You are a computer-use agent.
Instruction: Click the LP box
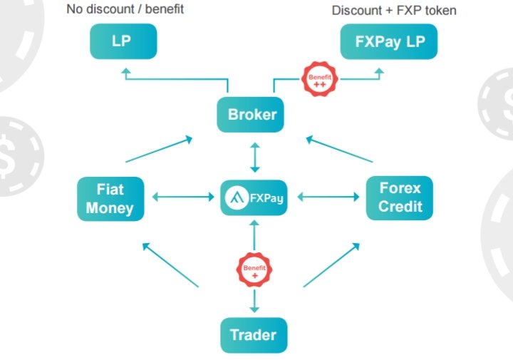(x=123, y=41)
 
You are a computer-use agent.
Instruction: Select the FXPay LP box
(x=389, y=41)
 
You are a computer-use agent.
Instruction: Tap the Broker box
(x=250, y=115)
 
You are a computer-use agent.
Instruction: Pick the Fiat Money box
(x=110, y=199)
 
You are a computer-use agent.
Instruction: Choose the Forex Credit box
(x=400, y=198)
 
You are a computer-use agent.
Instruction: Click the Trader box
(x=254, y=335)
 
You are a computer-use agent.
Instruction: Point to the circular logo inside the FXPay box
(x=237, y=197)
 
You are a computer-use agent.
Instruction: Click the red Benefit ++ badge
(x=319, y=79)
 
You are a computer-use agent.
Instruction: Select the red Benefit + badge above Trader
(x=254, y=270)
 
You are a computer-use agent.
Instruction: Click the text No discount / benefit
(x=125, y=9)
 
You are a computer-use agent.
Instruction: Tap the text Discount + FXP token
(x=394, y=11)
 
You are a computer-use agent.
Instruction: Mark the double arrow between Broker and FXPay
(x=255, y=158)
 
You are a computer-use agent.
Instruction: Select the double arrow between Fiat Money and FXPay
(x=183, y=197)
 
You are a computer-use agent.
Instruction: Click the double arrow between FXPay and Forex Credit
(x=328, y=197)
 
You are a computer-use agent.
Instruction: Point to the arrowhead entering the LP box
(x=126, y=72)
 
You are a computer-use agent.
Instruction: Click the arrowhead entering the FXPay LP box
(x=379, y=72)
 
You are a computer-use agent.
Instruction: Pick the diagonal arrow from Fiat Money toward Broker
(x=159, y=149)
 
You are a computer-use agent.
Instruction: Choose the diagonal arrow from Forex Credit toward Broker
(x=339, y=149)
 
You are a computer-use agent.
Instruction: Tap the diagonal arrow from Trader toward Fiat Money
(x=170, y=264)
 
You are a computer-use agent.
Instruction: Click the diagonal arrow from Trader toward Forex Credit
(x=332, y=264)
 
